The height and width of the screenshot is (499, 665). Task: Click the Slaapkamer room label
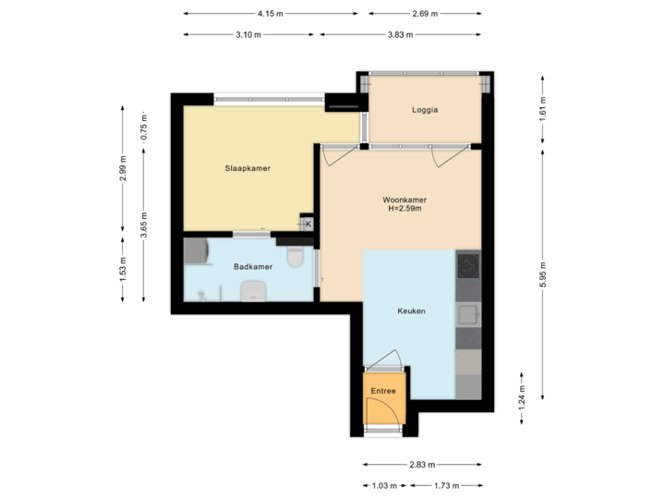tap(247, 168)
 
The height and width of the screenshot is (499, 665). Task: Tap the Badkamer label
tap(252, 266)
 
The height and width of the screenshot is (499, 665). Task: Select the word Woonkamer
tap(405, 200)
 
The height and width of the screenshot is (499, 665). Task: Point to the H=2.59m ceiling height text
tap(405, 209)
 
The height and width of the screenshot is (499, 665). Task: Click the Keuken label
tap(411, 311)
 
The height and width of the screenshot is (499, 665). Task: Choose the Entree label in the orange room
tap(383, 391)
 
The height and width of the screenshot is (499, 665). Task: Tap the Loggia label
tap(425, 109)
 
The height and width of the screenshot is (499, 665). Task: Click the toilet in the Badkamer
tap(296, 256)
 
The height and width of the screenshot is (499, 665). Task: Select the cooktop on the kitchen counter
tap(469, 266)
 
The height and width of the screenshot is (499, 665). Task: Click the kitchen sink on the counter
tap(469, 314)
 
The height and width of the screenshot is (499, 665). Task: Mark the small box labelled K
tap(308, 224)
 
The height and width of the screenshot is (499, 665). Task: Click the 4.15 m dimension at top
tap(271, 14)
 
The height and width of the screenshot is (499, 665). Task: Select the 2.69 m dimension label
tap(424, 14)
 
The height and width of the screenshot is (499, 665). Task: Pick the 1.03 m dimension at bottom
tap(383, 485)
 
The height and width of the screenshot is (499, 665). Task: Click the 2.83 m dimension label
tap(424, 465)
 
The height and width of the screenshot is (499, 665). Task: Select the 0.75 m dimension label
tap(143, 126)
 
